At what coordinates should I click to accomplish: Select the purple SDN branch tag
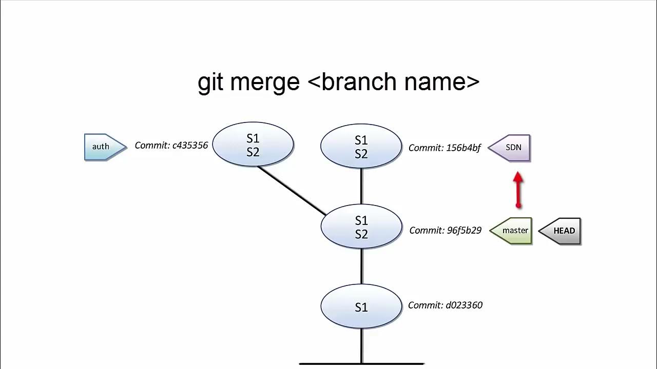pyautogui.click(x=510, y=148)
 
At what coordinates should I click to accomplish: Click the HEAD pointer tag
pyautogui.click(x=561, y=231)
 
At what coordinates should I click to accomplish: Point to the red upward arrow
pyautogui.click(x=518, y=190)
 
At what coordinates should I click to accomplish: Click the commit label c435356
pyautogui.click(x=171, y=146)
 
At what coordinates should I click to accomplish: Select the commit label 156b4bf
pyautogui.click(x=445, y=148)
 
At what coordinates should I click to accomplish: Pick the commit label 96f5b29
pyautogui.click(x=445, y=231)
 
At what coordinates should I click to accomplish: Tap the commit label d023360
pyautogui.click(x=445, y=305)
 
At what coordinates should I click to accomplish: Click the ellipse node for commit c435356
pyautogui.click(x=253, y=145)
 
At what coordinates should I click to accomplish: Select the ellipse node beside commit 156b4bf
pyautogui.click(x=361, y=147)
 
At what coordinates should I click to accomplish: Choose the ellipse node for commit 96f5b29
pyautogui.click(x=361, y=227)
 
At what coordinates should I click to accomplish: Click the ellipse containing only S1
pyautogui.click(x=361, y=306)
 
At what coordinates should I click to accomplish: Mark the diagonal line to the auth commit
pyautogui.click(x=292, y=190)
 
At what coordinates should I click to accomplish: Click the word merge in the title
pyautogui.click(x=265, y=82)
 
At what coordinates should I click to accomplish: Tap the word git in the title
pyautogui.click(x=211, y=82)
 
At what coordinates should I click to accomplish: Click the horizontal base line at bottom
pyautogui.click(x=361, y=364)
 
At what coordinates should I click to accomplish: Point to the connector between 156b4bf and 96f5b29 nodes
pyautogui.click(x=362, y=186)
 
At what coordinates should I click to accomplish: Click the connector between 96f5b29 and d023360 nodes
pyautogui.click(x=362, y=266)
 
